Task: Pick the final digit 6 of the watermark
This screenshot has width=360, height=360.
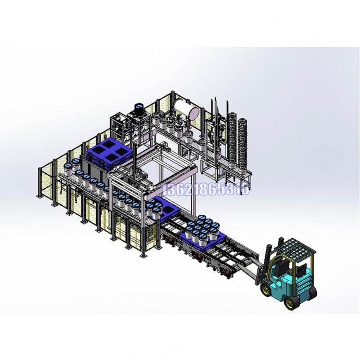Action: click(245, 190)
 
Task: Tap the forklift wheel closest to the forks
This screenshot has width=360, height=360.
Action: click(266, 289)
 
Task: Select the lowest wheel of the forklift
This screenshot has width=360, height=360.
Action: click(290, 303)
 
